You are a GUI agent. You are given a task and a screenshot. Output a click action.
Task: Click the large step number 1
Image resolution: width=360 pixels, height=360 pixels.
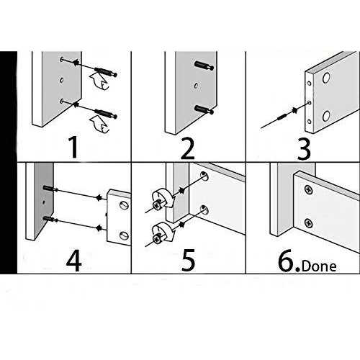coord(74,147)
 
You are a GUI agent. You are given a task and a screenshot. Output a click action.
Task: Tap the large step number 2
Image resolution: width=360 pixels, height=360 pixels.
coord(188,149)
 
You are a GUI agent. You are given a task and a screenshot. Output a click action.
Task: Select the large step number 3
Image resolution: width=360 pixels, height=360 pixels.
coord(304,149)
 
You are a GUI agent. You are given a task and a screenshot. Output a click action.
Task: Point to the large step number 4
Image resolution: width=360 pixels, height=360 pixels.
coord(73,261)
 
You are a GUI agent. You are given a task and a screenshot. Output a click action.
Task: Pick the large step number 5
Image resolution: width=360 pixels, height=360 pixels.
coord(188,261)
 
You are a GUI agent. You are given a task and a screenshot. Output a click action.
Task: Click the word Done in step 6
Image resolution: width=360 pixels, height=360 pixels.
coord(319,266)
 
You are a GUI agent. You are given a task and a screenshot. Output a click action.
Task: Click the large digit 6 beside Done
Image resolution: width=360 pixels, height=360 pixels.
coord(287,261)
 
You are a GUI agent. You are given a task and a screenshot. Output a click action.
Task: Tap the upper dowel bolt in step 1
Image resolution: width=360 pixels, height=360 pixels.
coord(106,72)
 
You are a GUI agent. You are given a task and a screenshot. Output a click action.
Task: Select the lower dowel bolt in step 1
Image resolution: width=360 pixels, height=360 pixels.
coord(106,114)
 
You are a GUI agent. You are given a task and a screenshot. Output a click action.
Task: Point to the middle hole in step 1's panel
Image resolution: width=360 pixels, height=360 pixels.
coord(62,80)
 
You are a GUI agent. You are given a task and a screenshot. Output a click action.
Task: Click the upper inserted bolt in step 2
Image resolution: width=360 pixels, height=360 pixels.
coord(204,66)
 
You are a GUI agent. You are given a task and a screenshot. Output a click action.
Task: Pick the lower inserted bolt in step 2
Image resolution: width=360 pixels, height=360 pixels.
coord(204,109)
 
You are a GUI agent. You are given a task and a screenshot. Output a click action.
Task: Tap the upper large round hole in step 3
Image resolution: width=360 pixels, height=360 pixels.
coord(326,78)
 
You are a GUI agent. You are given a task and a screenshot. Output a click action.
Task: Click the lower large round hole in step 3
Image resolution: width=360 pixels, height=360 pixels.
coord(326,116)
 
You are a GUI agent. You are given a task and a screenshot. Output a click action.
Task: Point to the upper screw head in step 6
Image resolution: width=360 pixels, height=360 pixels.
coord(309,189)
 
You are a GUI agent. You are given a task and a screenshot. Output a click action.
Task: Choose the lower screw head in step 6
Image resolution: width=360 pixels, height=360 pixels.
coord(309,223)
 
